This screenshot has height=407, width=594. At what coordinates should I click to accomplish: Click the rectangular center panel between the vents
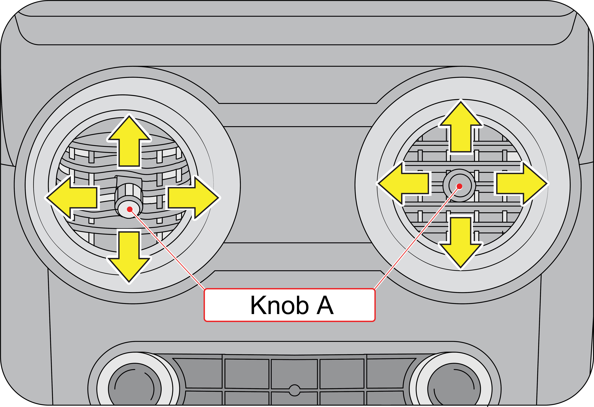(298, 184)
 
